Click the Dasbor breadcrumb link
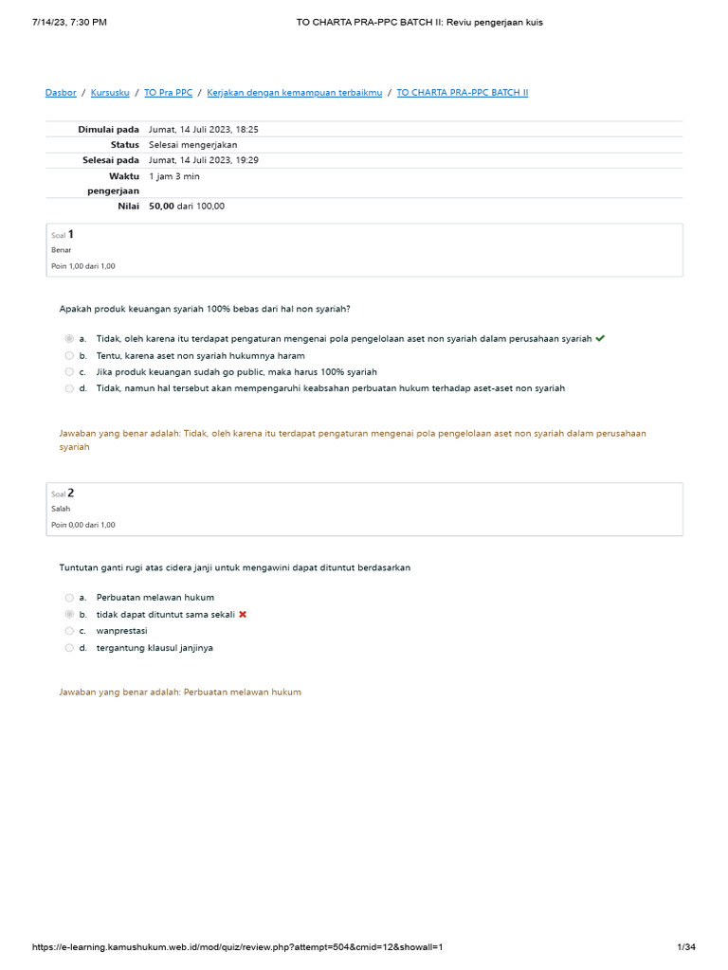(61, 93)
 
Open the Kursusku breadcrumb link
(111, 93)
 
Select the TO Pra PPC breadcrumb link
(168, 93)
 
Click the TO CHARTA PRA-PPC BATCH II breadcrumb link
(462, 93)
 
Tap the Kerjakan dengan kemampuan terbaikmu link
(294, 93)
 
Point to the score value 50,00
(161, 207)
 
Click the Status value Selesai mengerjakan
(192, 145)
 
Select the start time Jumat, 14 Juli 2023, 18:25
(203, 129)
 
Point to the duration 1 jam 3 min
(174, 176)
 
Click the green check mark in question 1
(601, 338)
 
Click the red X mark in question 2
(243, 615)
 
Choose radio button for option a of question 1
(69, 339)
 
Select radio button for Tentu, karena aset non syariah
(69, 355)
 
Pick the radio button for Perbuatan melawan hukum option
(69, 598)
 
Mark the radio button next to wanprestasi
(69, 631)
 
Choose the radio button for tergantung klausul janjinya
(69, 648)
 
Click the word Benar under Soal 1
(61, 250)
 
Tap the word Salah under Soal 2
(61, 509)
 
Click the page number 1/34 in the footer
(686, 948)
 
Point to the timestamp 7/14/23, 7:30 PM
(69, 22)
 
